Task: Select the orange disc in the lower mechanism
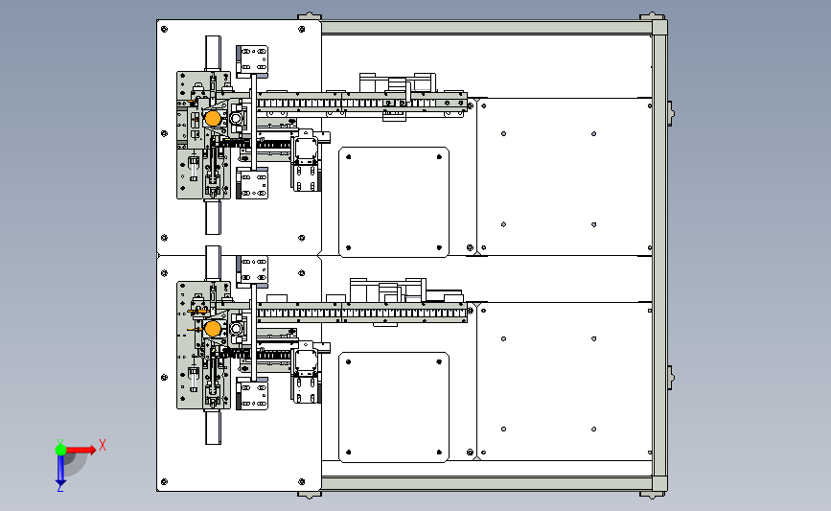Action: pyautogui.click(x=212, y=329)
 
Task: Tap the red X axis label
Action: pyautogui.click(x=103, y=445)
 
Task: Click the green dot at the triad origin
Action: pyautogui.click(x=60, y=448)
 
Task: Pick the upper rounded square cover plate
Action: pyautogui.click(x=394, y=202)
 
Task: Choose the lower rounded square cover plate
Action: pyautogui.click(x=394, y=406)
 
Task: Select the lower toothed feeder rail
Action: pyautogui.click(x=364, y=312)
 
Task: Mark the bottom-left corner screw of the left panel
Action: pyautogui.click(x=164, y=481)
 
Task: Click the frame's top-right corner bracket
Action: pyautogui.click(x=654, y=26)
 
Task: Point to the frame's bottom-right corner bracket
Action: pyautogui.click(x=654, y=485)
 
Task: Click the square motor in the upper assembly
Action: pyautogui.click(x=306, y=151)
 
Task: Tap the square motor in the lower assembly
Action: pyautogui.click(x=306, y=361)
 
